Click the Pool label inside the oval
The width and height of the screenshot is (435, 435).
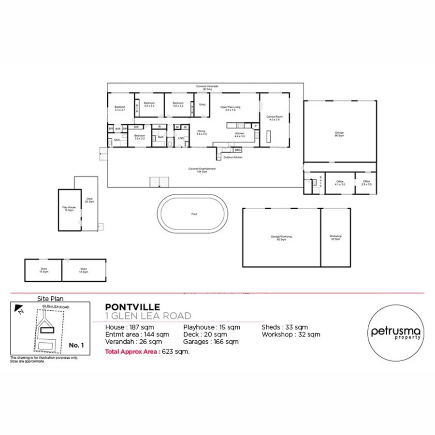pyautogui.click(x=193, y=214)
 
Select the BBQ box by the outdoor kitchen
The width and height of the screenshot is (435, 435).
pyautogui.click(x=238, y=150)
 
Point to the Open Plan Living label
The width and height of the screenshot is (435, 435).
pyautogui.click(x=231, y=108)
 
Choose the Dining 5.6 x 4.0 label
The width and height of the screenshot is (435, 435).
pyautogui.click(x=202, y=132)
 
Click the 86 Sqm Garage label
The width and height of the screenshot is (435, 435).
pyautogui.click(x=339, y=134)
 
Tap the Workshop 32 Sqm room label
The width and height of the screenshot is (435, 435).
pyautogui.click(x=336, y=237)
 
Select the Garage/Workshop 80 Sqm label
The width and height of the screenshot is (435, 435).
pyautogui.click(x=281, y=238)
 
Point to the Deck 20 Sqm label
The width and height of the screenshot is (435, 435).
pyautogui.click(x=89, y=200)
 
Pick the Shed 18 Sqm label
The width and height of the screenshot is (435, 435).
pyautogui.click(x=84, y=270)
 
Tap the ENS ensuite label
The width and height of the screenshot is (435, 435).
pyautogui.click(x=116, y=141)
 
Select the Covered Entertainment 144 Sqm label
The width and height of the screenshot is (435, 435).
pyautogui.click(x=202, y=170)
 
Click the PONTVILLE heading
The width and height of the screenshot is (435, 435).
pyautogui.click(x=129, y=307)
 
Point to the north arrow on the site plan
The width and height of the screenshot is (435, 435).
pyautogui.click(x=18, y=308)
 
